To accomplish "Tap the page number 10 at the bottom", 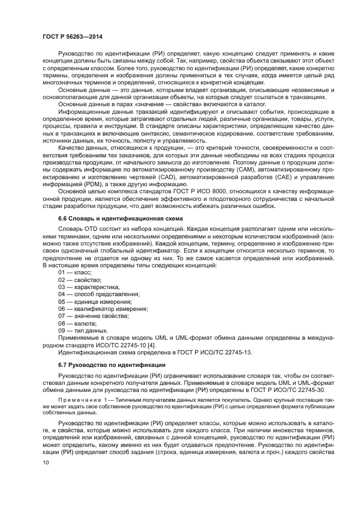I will (x=46, y=463).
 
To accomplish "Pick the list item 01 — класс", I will (x=75, y=272).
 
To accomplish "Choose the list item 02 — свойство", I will (x=79, y=279).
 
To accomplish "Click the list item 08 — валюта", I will (x=77, y=323).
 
